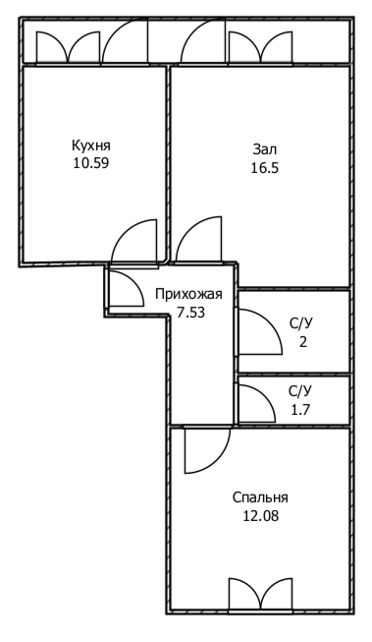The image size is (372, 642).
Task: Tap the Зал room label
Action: (x=265, y=149)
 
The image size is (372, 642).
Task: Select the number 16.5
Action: (x=265, y=168)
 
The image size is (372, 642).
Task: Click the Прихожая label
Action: (x=188, y=294)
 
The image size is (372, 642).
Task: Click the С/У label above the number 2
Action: (x=301, y=322)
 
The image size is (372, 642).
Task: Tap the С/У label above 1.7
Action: (x=301, y=389)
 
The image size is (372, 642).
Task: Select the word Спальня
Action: (x=260, y=496)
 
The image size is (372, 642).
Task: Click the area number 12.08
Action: (x=260, y=514)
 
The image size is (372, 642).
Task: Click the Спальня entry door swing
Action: (x=206, y=448)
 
